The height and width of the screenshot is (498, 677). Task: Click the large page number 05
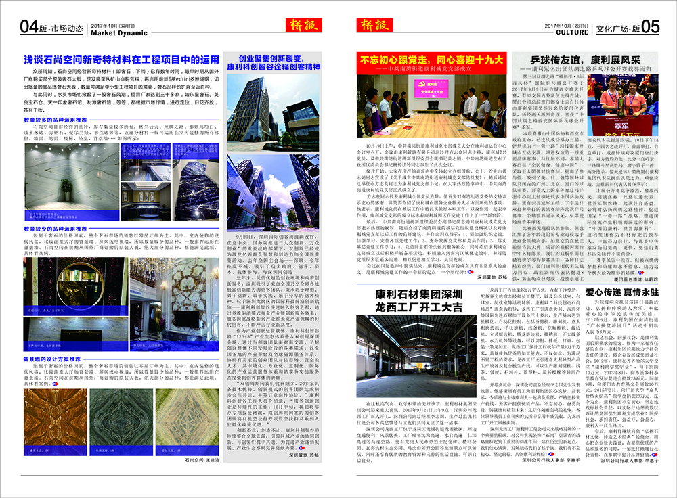pos(651,27)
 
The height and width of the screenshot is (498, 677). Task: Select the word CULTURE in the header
pos(571,32)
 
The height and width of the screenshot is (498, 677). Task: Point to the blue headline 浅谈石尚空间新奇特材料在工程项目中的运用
pos(122,60)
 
